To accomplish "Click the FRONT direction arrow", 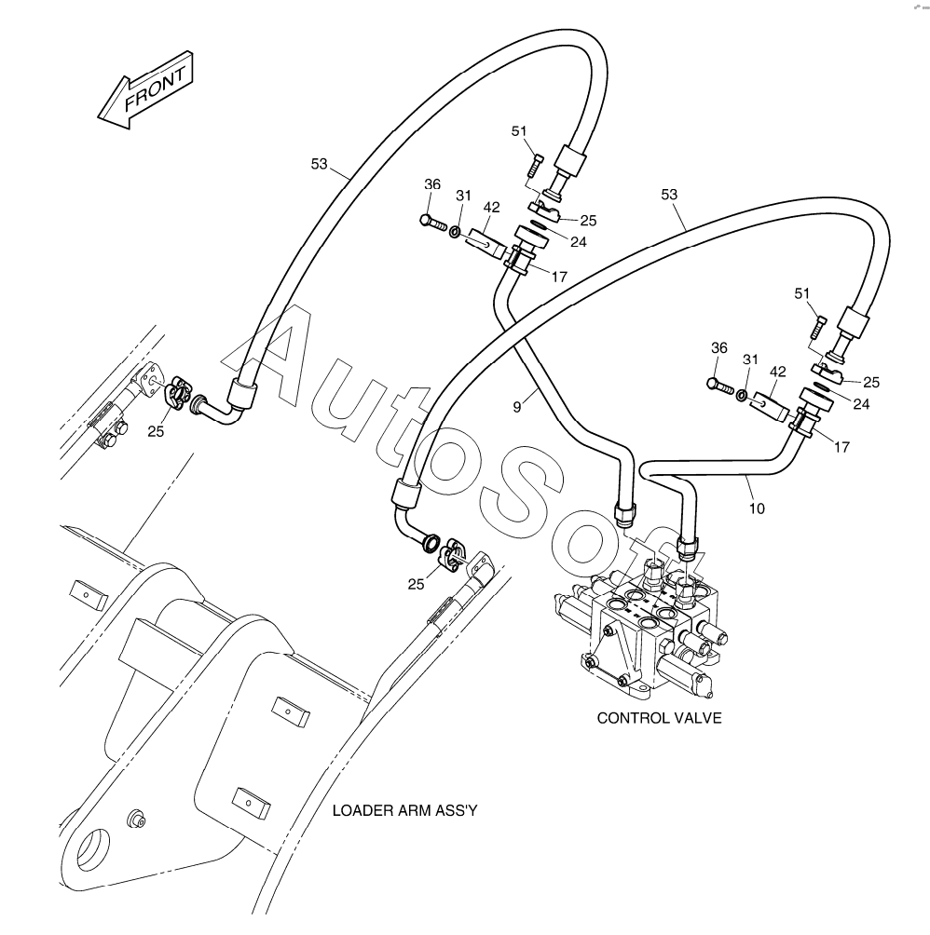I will [x=146, y=90].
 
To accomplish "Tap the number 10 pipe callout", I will [x=757, y=508].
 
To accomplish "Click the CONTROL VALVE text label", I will [x=659, y=718].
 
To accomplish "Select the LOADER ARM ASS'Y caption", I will [x=404, y=810].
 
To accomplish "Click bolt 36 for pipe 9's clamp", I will [x=431, y=222].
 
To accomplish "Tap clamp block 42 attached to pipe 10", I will [x=773, y=403].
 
